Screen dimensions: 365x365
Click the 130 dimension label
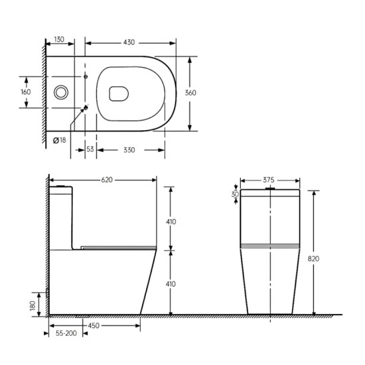pos(59,39)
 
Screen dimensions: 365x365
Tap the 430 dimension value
pos(129,42)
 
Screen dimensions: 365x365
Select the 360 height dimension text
pos(190,93)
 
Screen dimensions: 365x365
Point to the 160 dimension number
pos(26,92)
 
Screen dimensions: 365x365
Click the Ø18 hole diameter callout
pos(59,141)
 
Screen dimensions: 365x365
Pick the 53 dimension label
pos(90,149)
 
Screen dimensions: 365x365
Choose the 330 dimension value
pos(129,150)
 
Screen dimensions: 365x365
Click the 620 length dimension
pos(107,180)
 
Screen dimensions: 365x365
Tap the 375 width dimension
pos(269,180)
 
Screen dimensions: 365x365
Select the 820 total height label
pos(313,259)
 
